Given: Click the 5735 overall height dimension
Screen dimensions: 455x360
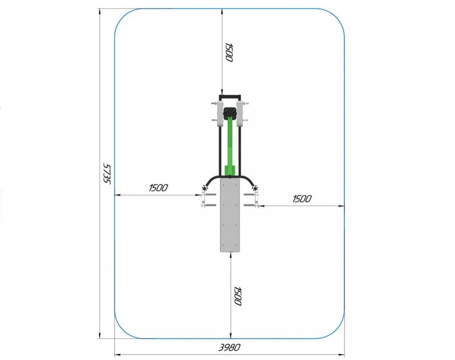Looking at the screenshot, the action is pyautogui.click(x=107, y=173).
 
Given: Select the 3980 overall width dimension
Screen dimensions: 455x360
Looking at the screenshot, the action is pyautogui.click(x=229, y=347).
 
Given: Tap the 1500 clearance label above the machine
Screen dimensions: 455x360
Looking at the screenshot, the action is pyautogui.click(x=229, y=52).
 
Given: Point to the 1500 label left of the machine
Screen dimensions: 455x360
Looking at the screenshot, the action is pyautogui.click(x=159, y=188).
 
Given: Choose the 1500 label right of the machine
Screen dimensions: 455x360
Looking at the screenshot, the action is pyautogui.click(x=302, y=199).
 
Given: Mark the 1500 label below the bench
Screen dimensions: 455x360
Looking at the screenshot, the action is pyautogui.click(x=238, y=296).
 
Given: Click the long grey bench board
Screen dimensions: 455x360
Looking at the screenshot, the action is pyautogui.click(x=230, y=215).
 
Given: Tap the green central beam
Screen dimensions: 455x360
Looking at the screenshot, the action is pyautogui.click(x=230, y=145).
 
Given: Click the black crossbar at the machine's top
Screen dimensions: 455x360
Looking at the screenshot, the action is pyautogui.click(x=230, y=97).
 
